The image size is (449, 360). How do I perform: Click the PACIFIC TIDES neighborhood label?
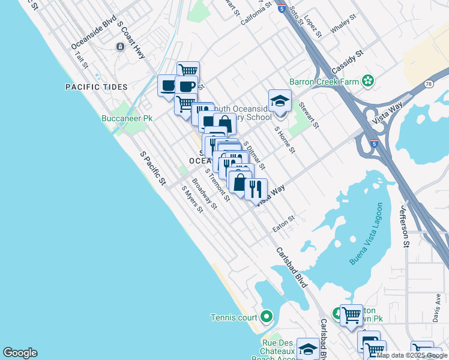97,87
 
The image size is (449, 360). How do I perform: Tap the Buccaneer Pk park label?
127,119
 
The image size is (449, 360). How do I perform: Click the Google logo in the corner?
20,353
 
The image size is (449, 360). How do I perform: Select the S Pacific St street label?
152,167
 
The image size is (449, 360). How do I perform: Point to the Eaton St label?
284,223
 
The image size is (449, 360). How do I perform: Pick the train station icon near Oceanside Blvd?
120,46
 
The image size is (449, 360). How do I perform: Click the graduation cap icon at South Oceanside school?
280,101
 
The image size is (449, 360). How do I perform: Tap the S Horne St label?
285,139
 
